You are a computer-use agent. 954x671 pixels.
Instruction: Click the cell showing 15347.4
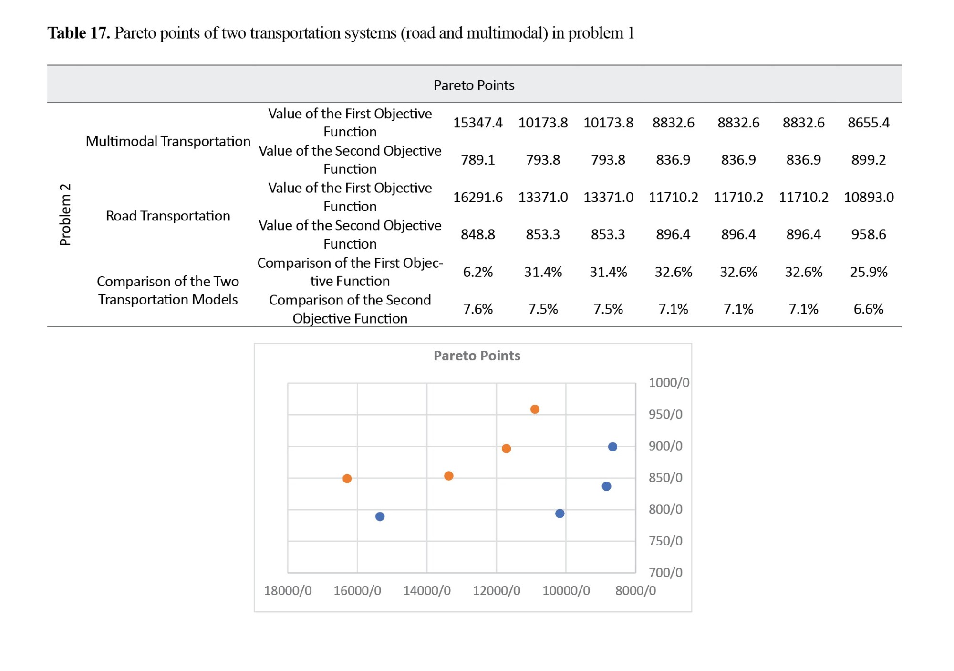477,123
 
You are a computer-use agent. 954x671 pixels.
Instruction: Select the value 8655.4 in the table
868,123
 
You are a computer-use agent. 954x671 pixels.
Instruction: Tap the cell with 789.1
477,159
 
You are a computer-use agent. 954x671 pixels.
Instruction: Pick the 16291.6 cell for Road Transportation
477,197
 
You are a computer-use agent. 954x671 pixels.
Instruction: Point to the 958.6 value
868,234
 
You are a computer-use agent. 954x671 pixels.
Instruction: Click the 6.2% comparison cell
477,272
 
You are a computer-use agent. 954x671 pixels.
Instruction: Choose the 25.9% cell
868,272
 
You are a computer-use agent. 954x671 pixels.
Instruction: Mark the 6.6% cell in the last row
868,309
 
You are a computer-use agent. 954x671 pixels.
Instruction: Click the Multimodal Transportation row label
168,141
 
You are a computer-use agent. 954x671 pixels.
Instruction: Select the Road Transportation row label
168,216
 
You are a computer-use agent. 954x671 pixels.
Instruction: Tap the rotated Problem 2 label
65,214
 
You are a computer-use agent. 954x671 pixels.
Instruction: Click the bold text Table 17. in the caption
79,33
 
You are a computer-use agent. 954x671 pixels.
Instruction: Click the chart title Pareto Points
477,356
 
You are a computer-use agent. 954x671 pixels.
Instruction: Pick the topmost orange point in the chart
535,409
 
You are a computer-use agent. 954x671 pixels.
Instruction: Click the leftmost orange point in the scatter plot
347,479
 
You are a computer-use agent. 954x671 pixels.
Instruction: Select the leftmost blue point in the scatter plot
380,516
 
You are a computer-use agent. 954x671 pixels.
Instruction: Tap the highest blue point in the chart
612,447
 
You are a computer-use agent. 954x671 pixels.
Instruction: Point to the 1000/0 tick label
669,383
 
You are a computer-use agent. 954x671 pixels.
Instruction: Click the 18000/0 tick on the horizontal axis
288,591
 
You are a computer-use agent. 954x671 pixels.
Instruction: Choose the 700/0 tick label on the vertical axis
665,572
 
